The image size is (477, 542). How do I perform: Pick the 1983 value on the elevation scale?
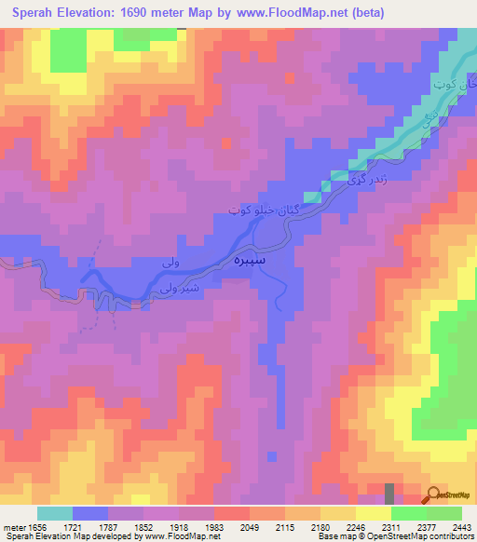point(215,525)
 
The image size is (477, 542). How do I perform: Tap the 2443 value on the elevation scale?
point(458,525)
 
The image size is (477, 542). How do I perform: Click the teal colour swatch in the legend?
point(55,513)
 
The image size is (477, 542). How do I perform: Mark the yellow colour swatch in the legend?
point(373,513)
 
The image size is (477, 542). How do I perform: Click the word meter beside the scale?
point(14,525)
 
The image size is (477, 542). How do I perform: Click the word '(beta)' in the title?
point(363,13)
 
